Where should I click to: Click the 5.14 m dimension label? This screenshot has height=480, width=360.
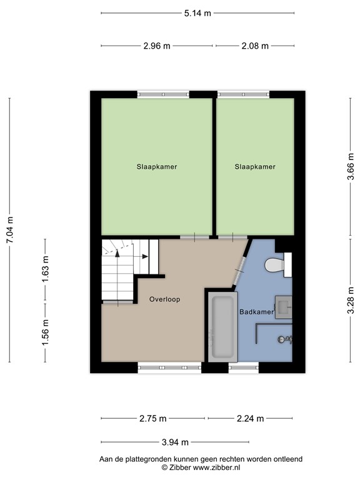click(x=197, y=12)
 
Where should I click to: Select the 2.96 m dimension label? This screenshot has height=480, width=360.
click(x=157, y=46)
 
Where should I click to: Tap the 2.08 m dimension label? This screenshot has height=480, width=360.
click(x=255, y=46)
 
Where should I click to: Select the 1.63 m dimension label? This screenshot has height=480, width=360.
click(x=45, y=269)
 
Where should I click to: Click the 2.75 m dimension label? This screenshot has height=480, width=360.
click(x=153, y=419)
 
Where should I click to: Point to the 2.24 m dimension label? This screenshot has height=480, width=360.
click(x=251, y=419)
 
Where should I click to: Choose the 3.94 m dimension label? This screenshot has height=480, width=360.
click(x=174, y=442)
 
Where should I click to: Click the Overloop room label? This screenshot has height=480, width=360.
click(x=164, y=299)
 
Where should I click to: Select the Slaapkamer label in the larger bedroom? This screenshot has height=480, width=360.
click(x=157, y=167)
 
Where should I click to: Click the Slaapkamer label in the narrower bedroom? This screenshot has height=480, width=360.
click(x=255, y=167)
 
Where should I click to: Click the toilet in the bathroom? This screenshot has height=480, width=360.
click(x=276, y=266)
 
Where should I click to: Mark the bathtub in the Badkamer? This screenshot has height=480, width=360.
click(x=222, y=326)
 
